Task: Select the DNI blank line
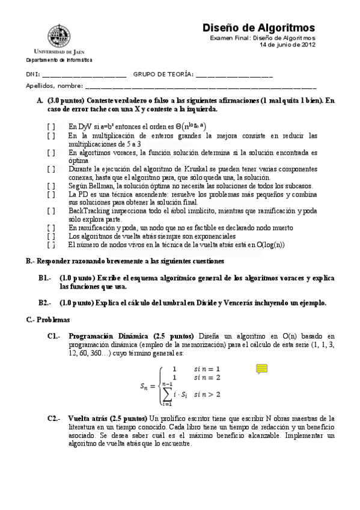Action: point(84,76)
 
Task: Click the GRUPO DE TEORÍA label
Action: point(163,75)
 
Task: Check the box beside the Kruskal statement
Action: point(52,170)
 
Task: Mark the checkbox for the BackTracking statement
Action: point(52,211)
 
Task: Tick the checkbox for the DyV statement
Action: point(52,127)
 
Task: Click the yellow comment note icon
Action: point(261,369)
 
